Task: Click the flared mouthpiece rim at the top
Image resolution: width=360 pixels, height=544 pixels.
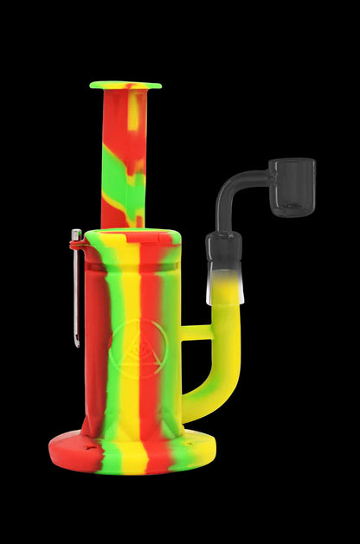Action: (125, 85)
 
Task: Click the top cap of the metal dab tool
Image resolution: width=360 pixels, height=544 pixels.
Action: (76, 234)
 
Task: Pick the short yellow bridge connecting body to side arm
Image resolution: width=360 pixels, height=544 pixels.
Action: (196, 332)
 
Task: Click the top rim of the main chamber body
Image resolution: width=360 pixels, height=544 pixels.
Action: (133, 234)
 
